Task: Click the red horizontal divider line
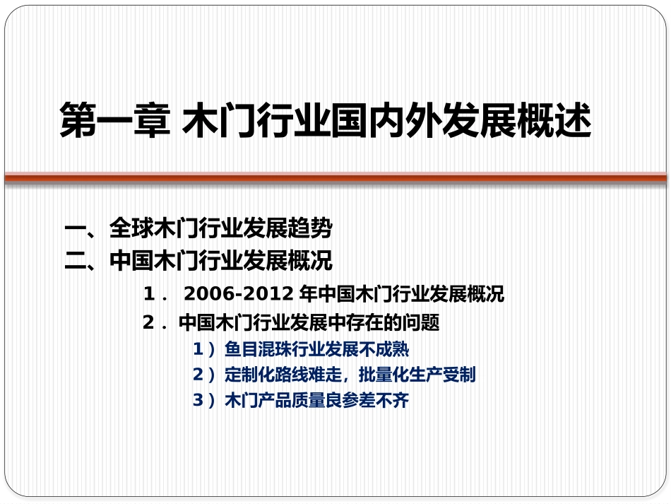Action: (335, 177)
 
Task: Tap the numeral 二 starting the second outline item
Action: (74, 262)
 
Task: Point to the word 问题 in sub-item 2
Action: (423, 323)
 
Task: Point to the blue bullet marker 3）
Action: (203, 401)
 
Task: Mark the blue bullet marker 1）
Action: (203, 349)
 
